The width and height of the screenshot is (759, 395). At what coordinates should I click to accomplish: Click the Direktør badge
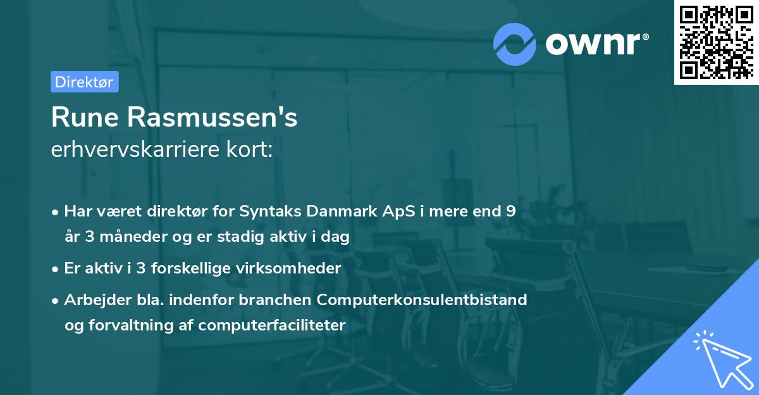(x=84, y=82)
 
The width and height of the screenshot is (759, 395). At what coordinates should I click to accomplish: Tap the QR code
(x=717, y=42)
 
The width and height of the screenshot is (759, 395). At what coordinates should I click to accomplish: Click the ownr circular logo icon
(x=514, y=43)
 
